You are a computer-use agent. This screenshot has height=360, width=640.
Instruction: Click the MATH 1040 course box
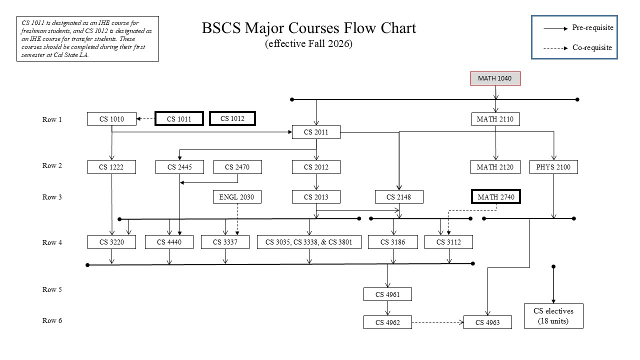pos(495,78)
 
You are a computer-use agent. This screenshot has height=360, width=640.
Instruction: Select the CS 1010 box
pos(111,119)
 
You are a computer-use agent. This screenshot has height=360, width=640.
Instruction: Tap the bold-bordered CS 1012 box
pos(231,118)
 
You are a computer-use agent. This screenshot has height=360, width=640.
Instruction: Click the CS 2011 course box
pos(316,132)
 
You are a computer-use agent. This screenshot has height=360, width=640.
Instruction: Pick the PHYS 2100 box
pos(553,167)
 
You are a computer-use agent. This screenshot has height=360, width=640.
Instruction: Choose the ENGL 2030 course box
pos(236,197)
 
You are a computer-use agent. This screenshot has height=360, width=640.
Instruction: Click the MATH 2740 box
pos(495,197)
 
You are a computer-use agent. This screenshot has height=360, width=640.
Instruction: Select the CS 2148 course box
pos(399,197)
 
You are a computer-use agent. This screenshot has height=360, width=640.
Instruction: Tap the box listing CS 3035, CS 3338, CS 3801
pos(309,242)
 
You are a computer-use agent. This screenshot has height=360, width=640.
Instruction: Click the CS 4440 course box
pos(169,242)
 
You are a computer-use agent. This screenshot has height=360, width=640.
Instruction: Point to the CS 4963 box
pos(488,322)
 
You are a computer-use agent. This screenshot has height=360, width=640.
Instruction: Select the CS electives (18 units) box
pos(553,316)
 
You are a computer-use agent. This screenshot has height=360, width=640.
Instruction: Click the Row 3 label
pos(52,197)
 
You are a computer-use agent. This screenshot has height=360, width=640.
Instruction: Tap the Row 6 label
pos(52,320)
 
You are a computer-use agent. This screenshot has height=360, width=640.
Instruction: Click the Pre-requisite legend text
pos(592,28)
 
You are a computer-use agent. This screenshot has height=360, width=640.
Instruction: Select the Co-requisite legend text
pos(592,48)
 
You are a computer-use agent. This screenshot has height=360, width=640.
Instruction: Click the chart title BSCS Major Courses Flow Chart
pos(308,28)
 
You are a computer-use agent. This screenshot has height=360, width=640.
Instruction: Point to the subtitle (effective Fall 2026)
pos(308,43)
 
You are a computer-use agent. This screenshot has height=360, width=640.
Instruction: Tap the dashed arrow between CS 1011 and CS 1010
pos(145,119)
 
